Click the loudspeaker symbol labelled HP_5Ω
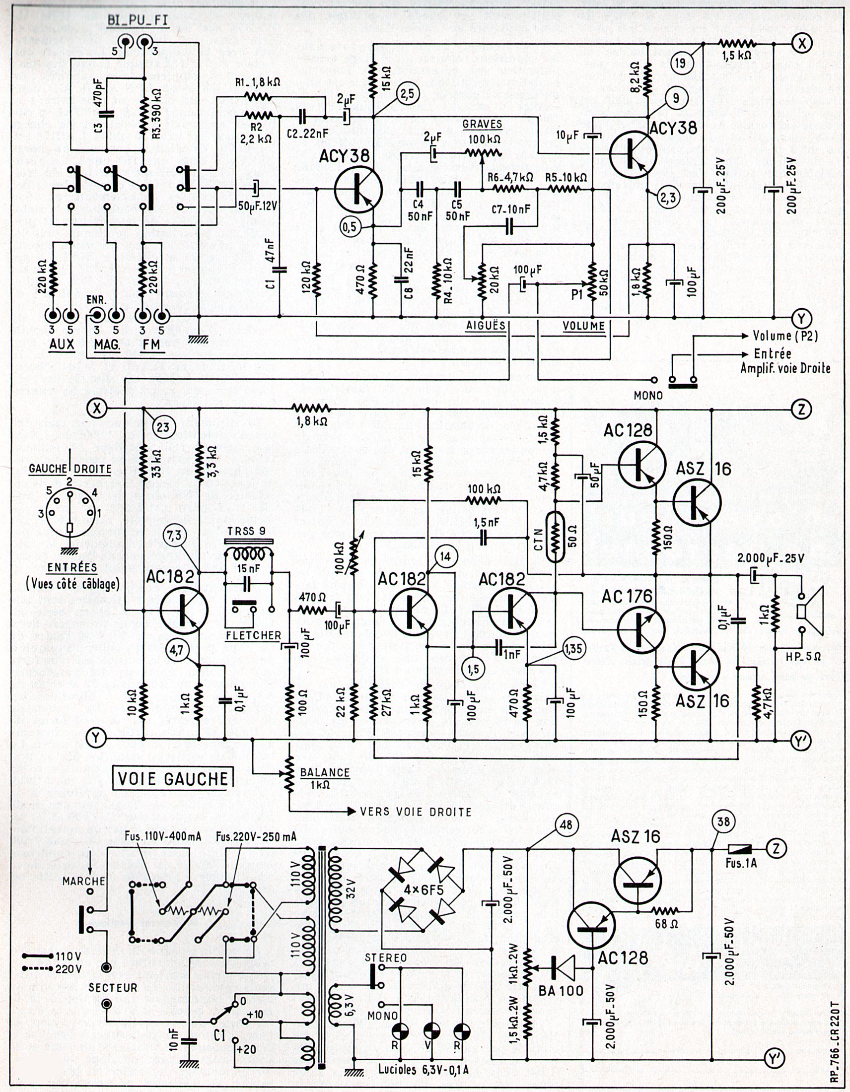pyautogui.click(x=811, y=613)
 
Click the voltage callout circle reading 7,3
pyautogui.click(x=175, y=536)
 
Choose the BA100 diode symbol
pyautogui.click(x=561, y=967)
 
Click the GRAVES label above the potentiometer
pyautogui.click(x=483, y=124)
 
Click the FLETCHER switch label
pyautogui.click(x=253, y=635)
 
